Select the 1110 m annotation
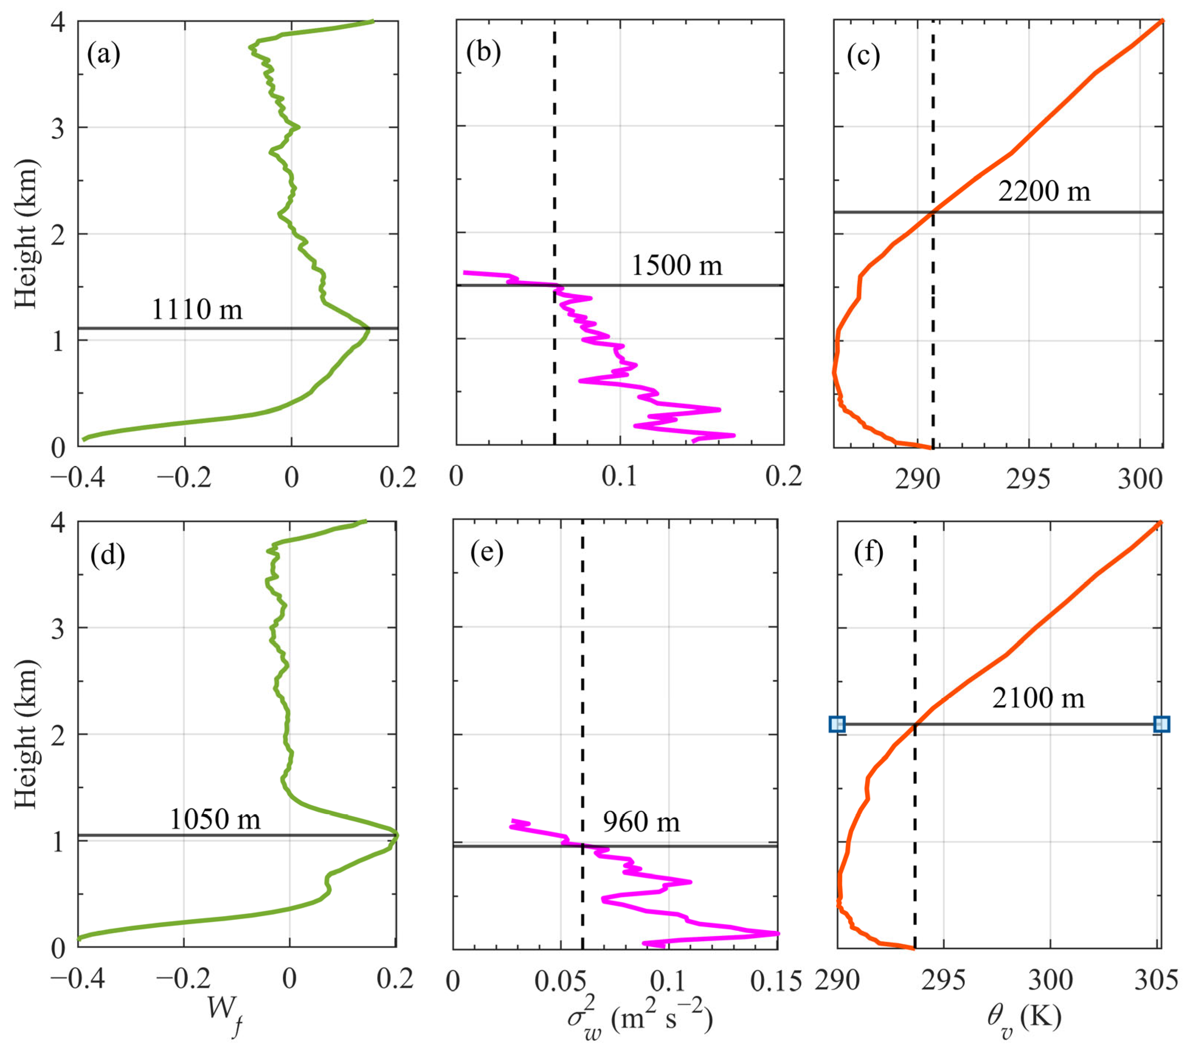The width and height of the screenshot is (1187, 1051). pyautogui.click(x=197, y=310)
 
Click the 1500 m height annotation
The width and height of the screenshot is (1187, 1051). pyautogui.click(x=677, y=265)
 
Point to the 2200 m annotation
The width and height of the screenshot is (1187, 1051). pyautogui.click(x=1044, y=191)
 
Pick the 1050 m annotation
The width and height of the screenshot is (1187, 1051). pyautogui.click(x=215, y=819)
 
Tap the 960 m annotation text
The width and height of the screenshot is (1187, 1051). pyautogui.click(x=641, y=822)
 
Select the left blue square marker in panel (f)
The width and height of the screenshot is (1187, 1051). pyautogui.click(x=837, y=724)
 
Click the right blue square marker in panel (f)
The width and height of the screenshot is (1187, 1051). pyautogui.click(x=1161, y=724)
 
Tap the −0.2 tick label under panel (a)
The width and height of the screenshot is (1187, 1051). pyautogui.click(x=184, y=477)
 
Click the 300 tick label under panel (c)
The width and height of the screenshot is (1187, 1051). pyautogui.click(x=1139, y=480)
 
